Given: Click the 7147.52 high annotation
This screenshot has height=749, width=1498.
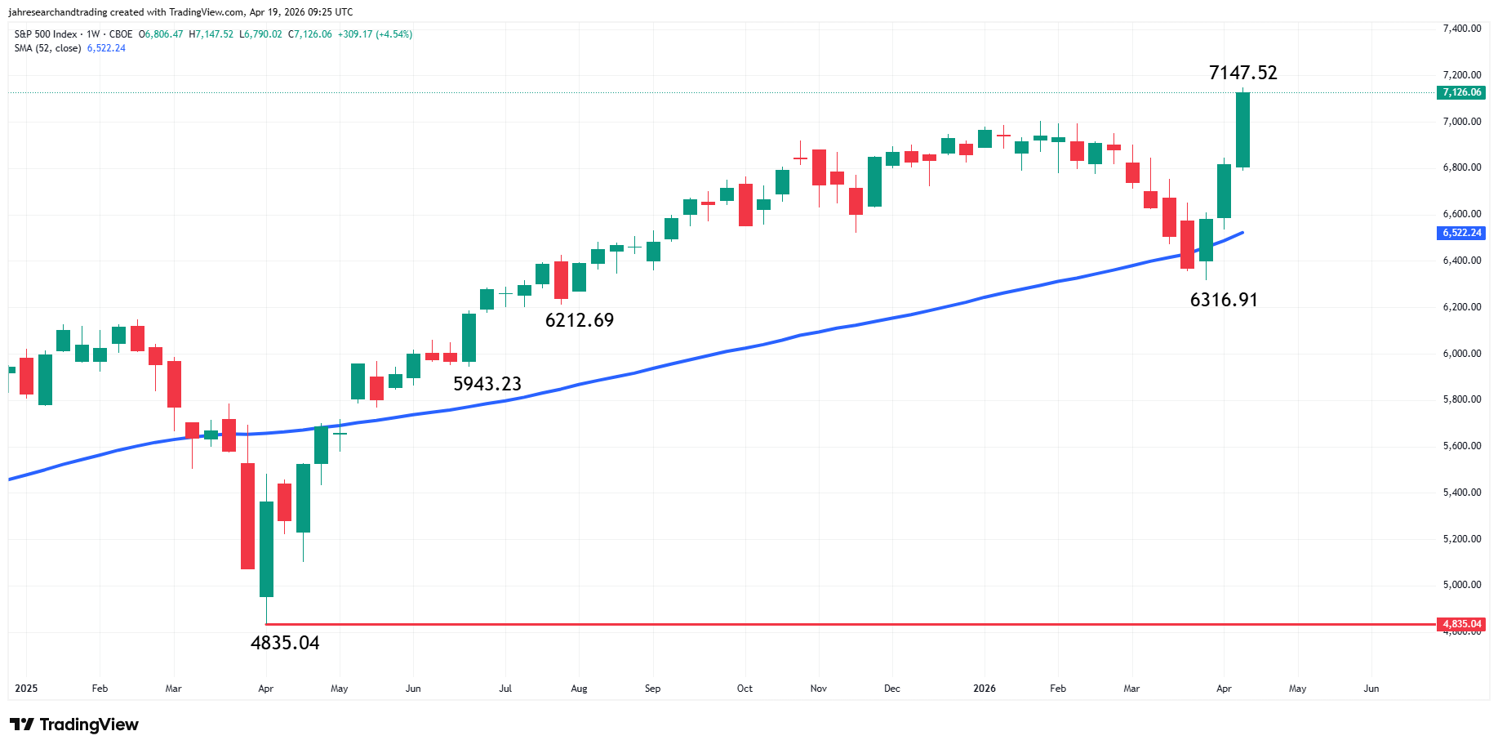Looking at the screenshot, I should [1242, 73].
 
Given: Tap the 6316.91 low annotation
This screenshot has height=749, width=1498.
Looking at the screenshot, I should [1224, 300].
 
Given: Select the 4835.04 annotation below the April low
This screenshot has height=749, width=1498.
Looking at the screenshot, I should [285, 643].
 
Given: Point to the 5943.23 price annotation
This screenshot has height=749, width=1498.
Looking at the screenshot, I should [487, 384].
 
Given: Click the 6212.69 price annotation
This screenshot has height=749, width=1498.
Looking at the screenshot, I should [580, 320].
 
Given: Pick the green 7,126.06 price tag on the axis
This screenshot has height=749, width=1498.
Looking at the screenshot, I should [1461, 92].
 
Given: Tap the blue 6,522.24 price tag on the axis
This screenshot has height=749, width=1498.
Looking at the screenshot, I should [1461, 233].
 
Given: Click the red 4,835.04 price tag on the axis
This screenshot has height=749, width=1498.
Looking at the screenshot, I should [1461, 624].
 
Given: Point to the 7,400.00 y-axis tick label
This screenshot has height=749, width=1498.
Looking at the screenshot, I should [1461, 29].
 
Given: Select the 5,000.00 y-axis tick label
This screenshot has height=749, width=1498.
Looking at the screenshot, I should [1461, 585].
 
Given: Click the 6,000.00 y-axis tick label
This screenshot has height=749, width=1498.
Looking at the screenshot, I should [1461, 354].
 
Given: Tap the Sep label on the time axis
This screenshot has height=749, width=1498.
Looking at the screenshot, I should [652, 689].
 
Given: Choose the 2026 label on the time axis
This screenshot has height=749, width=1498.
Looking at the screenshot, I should [985, 689].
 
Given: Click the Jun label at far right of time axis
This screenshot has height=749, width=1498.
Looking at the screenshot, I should [1371, 689].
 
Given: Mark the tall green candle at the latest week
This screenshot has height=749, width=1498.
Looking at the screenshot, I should [1242, 130].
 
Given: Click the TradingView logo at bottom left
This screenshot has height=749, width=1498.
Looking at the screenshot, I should [74, 724].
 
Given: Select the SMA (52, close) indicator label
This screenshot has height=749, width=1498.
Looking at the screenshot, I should [47, 48].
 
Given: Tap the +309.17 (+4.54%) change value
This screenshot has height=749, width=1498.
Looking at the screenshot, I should [375, 34].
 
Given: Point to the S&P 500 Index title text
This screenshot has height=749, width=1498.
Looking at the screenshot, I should [46, 34].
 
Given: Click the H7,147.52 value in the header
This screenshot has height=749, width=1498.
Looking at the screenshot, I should [211, 34].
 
